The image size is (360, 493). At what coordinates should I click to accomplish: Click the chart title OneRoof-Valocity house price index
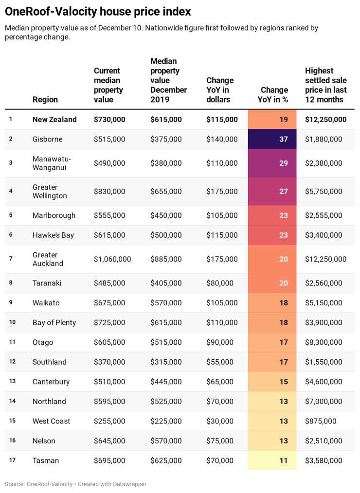tap(98, 12)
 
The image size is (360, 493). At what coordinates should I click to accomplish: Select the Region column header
tap(45, 100)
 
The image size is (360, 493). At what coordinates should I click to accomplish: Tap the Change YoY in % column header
tap(273, 95)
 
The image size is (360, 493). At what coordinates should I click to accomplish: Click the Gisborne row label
tap(48, 139)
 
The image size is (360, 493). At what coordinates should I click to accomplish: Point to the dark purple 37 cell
tap(272, 139)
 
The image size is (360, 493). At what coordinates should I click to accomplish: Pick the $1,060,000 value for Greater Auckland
tap(112, 259)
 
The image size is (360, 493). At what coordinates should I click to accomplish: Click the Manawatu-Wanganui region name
tap(52, 163)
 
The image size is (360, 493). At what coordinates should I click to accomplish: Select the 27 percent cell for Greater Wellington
tap(272, 191)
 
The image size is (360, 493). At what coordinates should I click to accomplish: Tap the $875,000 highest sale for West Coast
tap(321, 421)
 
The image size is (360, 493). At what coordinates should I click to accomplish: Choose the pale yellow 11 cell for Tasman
tap(272, 460)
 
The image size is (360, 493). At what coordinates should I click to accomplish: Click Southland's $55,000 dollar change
tap(220, 362)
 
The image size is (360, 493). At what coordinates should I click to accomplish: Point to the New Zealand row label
tap(54, 120)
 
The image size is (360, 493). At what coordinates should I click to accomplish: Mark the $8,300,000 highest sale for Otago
tap(324, 342)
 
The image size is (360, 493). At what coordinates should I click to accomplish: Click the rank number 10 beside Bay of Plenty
tap(12, 322)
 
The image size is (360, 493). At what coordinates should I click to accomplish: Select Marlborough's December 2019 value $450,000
tap(166, 215)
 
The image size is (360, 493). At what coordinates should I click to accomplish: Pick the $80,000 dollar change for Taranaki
tap(220, 283)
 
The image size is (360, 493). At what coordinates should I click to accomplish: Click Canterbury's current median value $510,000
tap(109, 382)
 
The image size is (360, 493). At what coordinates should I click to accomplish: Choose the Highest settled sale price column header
tap(325, 85)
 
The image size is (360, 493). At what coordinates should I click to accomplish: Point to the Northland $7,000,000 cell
tap(324, 402)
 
